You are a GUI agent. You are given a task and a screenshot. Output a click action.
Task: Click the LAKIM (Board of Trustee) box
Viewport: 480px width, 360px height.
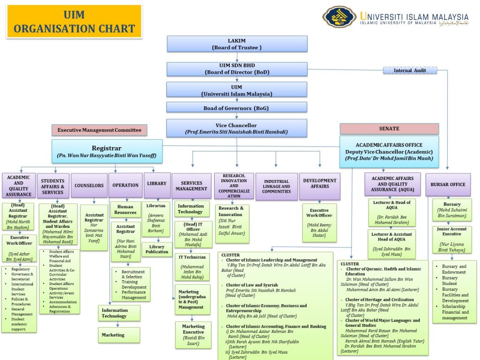(x=237, y=44)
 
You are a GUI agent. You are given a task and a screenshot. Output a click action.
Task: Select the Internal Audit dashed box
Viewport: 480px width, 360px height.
(x=410, y=70)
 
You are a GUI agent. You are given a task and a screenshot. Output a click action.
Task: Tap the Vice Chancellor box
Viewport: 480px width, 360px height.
(x=237, y=128)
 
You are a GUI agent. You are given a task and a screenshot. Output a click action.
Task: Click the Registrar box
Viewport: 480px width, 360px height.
(x=107, y=151)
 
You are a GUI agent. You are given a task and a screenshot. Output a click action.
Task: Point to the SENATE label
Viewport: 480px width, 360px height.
(x=389, y=128)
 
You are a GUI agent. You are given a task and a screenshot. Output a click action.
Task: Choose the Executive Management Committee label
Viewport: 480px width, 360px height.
(x=99, y=130)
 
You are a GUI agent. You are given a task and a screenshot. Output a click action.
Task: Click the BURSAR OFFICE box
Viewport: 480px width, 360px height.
(x=448, y=185)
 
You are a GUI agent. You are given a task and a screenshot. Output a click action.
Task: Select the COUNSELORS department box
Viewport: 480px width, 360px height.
(x=89, y=186)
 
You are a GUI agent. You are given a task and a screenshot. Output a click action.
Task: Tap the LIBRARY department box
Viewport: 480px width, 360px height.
(x=156, y=184)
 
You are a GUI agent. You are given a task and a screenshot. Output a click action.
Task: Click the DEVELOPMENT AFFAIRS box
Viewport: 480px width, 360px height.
(x=320, y=183)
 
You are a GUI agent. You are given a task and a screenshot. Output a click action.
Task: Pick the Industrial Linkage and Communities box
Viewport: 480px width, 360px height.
(x=277, y=186)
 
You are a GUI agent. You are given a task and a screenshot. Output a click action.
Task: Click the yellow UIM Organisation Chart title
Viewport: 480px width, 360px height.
(x=74, y=22)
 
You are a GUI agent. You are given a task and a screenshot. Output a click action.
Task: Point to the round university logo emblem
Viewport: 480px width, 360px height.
(x=339, y=17)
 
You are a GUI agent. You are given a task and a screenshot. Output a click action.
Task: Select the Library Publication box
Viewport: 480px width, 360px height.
(x=157, y=249)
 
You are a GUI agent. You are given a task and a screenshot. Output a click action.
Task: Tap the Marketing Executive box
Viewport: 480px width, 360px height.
(x=193, y=335)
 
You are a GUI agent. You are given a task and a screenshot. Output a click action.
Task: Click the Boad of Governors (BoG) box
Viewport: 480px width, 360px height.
(x=237, y=108)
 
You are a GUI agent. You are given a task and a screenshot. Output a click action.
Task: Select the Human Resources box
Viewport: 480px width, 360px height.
(x=125, y=209)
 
